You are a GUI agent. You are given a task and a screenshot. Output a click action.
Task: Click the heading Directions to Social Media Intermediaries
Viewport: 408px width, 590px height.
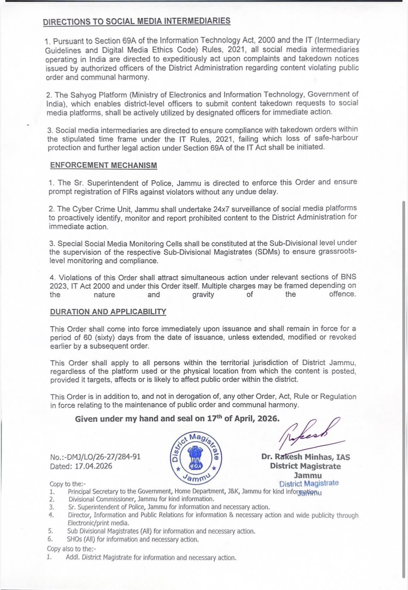(136, 21)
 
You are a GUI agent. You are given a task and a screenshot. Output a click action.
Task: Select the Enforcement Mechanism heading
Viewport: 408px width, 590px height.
(103, 165)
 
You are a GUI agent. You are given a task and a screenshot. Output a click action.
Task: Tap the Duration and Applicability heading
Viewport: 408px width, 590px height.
(108, 311)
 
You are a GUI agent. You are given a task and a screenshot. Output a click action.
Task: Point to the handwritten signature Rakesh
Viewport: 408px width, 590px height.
(308, 432)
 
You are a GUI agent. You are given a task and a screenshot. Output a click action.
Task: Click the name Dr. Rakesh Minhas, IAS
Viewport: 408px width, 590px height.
(306, 457)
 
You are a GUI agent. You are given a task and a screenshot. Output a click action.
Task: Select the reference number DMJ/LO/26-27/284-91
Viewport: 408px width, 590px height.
(95, 457)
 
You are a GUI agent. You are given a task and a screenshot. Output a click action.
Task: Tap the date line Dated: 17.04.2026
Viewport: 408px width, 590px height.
(81, 466)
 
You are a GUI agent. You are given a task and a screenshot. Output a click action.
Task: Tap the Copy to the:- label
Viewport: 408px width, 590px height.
(68, 484)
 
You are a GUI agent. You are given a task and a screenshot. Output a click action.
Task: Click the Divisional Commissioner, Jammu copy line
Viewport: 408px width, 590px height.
(141, 499)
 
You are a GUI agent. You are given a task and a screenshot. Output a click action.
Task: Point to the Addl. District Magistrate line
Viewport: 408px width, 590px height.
(151, 557)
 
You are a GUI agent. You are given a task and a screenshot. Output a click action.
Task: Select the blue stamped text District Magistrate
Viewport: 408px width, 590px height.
(309, 483)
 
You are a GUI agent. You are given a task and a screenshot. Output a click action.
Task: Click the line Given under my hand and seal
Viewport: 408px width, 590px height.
(177, 419)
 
